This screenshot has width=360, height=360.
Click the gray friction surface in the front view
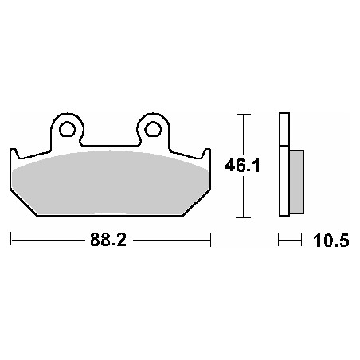point(110,179)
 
